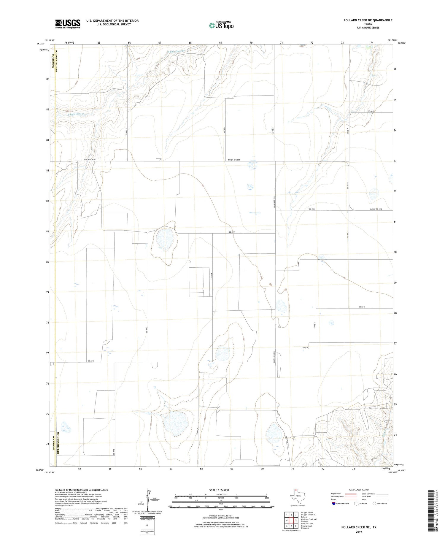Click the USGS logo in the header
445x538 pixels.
click(68, 24)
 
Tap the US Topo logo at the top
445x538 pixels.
click(221, 25)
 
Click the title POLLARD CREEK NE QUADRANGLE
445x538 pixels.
click(368, 20)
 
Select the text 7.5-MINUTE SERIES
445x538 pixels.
click(368, 28)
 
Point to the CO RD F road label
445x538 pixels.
click(371, 111)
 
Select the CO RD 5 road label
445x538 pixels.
click(273, 130)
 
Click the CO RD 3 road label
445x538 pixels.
click(147, 329)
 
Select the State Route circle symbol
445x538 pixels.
click(374, 504)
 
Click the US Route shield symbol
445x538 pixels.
click(356, 504)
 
